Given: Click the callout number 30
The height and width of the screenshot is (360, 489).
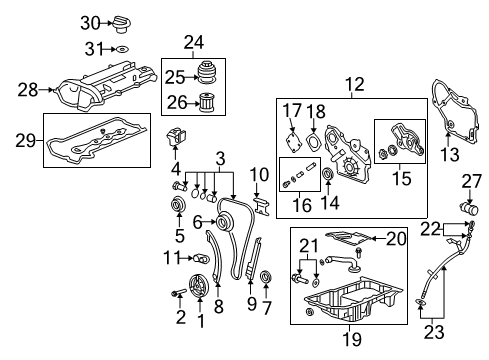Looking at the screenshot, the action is [90, 23].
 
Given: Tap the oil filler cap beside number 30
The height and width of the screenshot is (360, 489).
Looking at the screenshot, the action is [122, 24].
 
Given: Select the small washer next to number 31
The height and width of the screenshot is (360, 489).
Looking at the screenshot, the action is [121, 50].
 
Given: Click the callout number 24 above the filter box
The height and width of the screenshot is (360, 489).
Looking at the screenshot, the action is [194, 43].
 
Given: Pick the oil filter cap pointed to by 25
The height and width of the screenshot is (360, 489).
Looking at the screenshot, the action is [208, 74].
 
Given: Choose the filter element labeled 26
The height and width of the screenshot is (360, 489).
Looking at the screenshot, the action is [207, 103].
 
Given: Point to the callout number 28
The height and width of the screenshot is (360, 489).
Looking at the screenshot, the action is [28, 90].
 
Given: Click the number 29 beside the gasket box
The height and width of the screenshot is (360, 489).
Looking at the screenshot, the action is [25, 141].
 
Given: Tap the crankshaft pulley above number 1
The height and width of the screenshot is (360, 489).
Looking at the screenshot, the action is [198, 285].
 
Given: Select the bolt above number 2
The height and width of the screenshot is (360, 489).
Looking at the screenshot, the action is [179, 292].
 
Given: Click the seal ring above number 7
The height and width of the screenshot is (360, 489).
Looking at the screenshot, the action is [266, 276].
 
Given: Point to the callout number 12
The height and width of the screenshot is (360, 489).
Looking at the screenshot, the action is [355, 85].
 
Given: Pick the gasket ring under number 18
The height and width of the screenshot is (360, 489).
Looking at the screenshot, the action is [313, 142].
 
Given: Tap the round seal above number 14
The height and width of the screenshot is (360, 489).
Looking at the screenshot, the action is [328, 173].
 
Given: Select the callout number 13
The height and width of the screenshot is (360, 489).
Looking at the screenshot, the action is [450, 154].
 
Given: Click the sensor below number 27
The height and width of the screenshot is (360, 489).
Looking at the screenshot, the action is [469, 209].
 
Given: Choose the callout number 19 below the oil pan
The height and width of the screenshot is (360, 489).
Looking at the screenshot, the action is [352, 339].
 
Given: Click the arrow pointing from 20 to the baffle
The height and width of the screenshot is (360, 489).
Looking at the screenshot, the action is [378, 238].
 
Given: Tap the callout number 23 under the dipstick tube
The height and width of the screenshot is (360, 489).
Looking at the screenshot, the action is [434, 332].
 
